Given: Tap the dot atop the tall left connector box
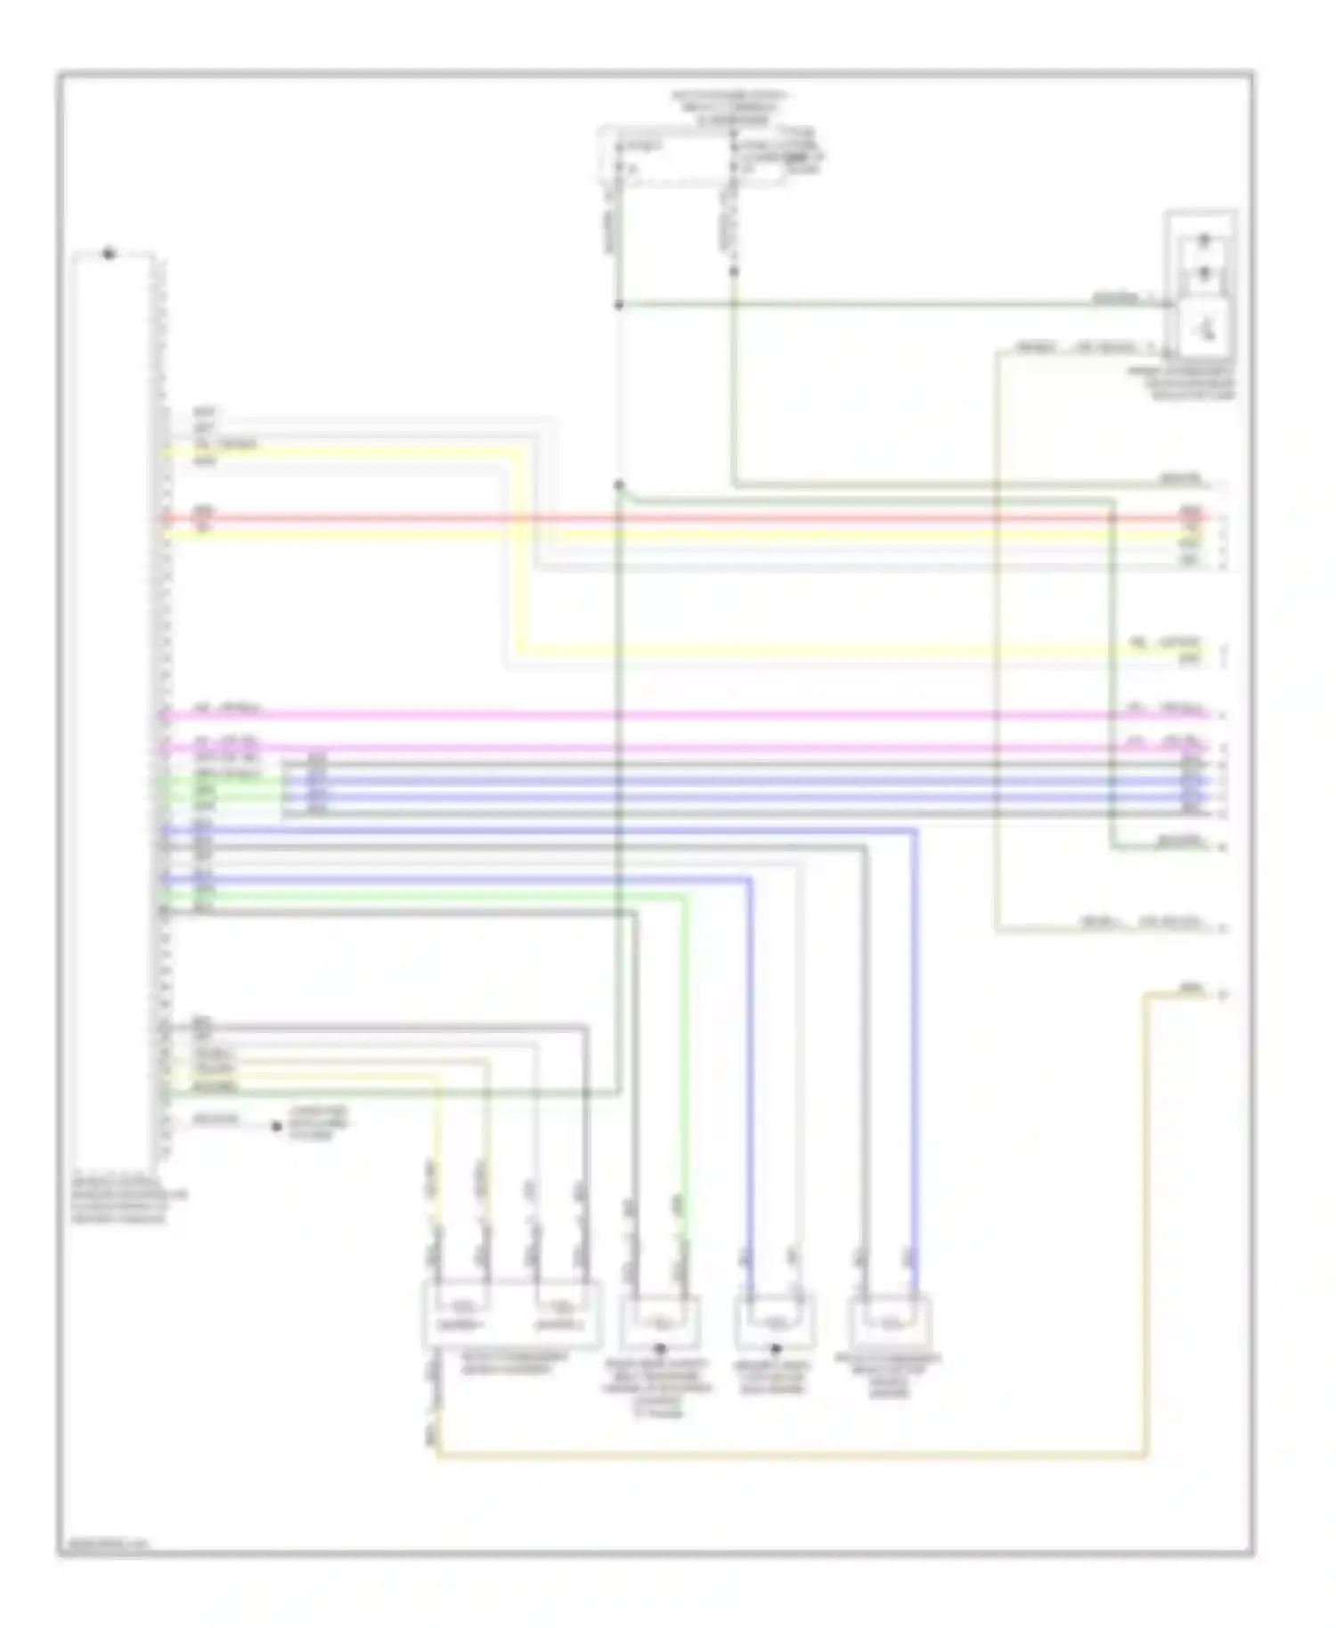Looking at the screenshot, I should [x=108, y=254].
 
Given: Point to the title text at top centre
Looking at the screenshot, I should [x=732, y=107].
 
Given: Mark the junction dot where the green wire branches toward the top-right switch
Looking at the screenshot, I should [x=618, y=305].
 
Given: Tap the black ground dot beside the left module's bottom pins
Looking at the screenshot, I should [x=277, y=1126].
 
